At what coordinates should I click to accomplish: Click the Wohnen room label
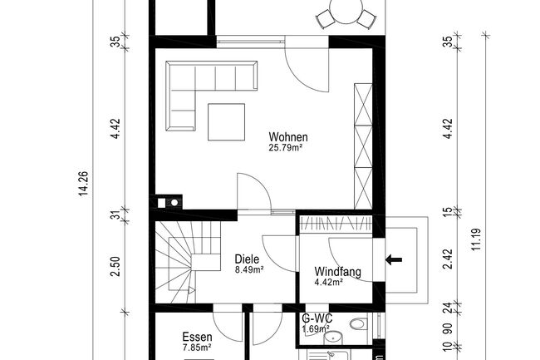click(x=288, y=136)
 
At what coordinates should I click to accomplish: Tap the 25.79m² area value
click(x=286, y=148)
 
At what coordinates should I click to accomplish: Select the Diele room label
click(x=247, y=259)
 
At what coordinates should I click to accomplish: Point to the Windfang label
click(x=338, y=272)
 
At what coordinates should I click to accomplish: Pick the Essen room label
click(x=197, y=337)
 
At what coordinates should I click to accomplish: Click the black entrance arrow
click(x=393, y=259)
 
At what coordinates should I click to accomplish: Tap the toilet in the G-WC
click(x=357, y=323)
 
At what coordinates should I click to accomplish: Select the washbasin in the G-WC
click(x=333, y=338)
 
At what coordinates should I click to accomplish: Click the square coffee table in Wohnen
click(x=226, y=122)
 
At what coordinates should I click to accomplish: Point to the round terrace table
click(x=346, y=10)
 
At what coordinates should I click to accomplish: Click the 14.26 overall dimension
click(x=84, y=184)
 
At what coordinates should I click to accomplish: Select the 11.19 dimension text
click(x=476, y=239)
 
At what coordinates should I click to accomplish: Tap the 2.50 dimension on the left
click(x=115, y=266)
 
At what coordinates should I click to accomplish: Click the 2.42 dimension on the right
click(x=448, y=259)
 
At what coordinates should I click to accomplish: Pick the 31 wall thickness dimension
click(x=116, y=215)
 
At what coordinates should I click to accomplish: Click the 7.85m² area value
click(x=197, y=348)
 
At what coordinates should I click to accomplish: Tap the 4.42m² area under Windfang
click(x=328, y=283)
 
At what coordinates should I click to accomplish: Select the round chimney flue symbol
click(x=174, y=203)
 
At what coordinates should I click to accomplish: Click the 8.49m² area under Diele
click(x=249, y=269)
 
